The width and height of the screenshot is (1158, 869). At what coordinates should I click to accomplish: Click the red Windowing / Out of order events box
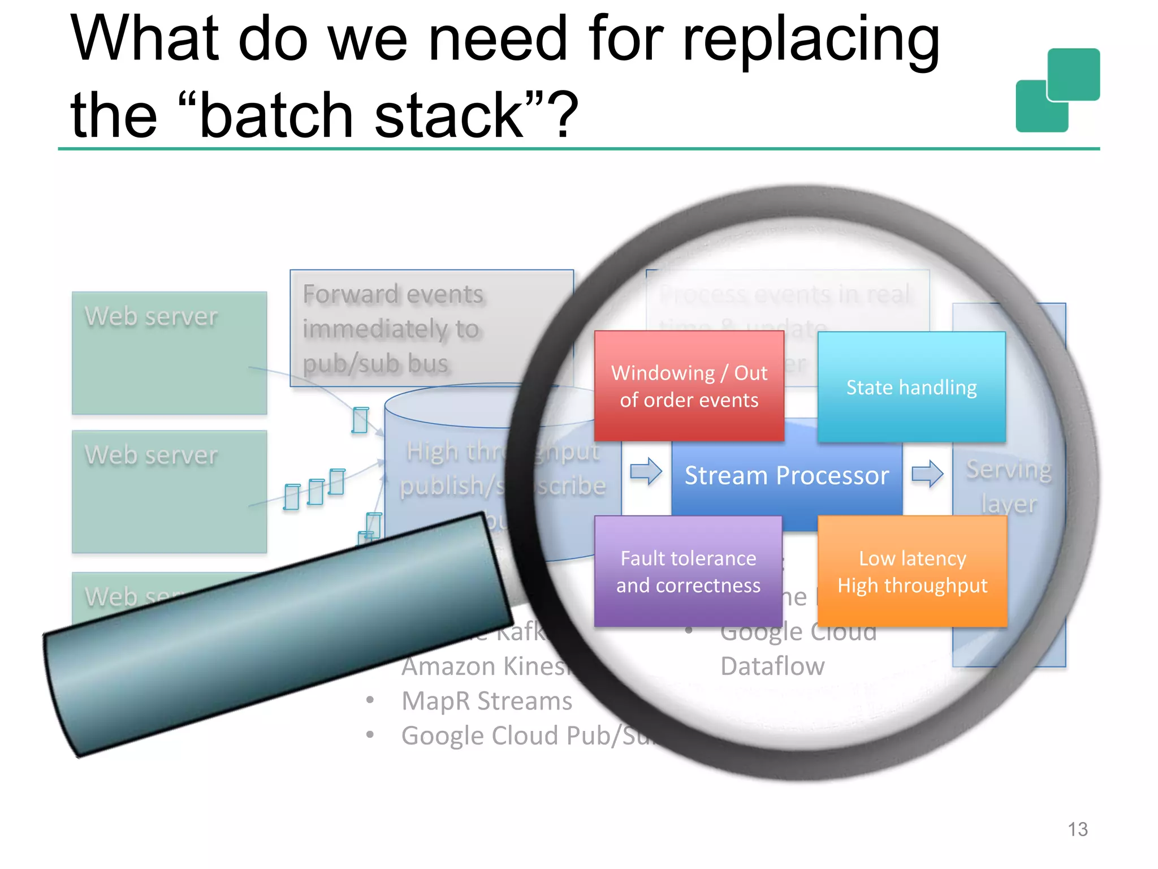pos(689,386)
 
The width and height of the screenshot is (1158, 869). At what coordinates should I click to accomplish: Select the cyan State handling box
pos(911,387)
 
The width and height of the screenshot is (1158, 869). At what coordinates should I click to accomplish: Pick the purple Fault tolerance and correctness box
pos(688,571)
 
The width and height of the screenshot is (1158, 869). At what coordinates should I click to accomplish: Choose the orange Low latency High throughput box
pos(912,571)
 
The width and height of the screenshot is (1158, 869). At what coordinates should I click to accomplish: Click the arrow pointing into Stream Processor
pos(646,471)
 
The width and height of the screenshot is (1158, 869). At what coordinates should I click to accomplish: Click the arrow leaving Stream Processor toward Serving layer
pos(927,473)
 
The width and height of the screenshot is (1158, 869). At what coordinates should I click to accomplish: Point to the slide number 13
pos(1077,829)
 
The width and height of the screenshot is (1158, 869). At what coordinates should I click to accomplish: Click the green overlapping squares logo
pos(1057,91)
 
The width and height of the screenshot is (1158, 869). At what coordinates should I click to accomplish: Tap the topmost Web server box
pos(169,353)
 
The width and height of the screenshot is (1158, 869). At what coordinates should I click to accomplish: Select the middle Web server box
pos(169,491)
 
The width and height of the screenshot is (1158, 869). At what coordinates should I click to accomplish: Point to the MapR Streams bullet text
pos(486,701)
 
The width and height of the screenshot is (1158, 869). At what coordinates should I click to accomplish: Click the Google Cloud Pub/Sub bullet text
pos(526,736)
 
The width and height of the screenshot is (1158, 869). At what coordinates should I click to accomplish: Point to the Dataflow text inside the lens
pos(772,666)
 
